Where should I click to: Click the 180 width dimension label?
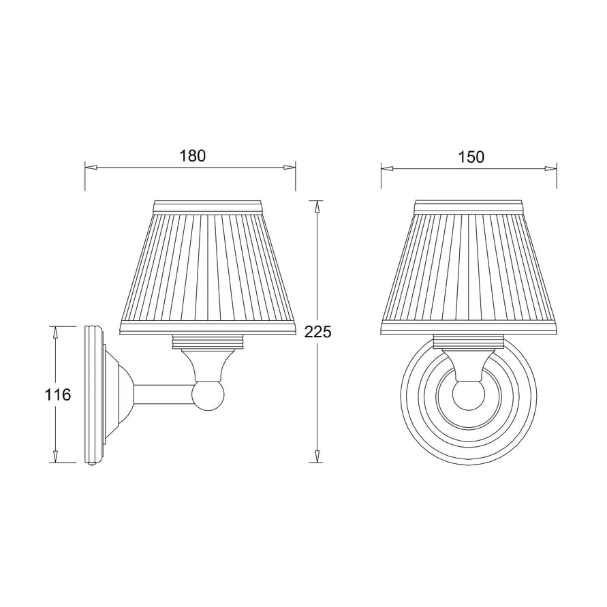pos(192,156)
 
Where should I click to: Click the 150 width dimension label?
pos(471,157)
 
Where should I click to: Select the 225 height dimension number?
pos(317,332)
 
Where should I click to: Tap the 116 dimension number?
pos(57,394)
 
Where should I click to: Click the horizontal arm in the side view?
pos(164,394)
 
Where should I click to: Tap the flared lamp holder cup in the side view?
pos(207,364)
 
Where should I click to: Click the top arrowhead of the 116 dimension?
pos(56,332)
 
